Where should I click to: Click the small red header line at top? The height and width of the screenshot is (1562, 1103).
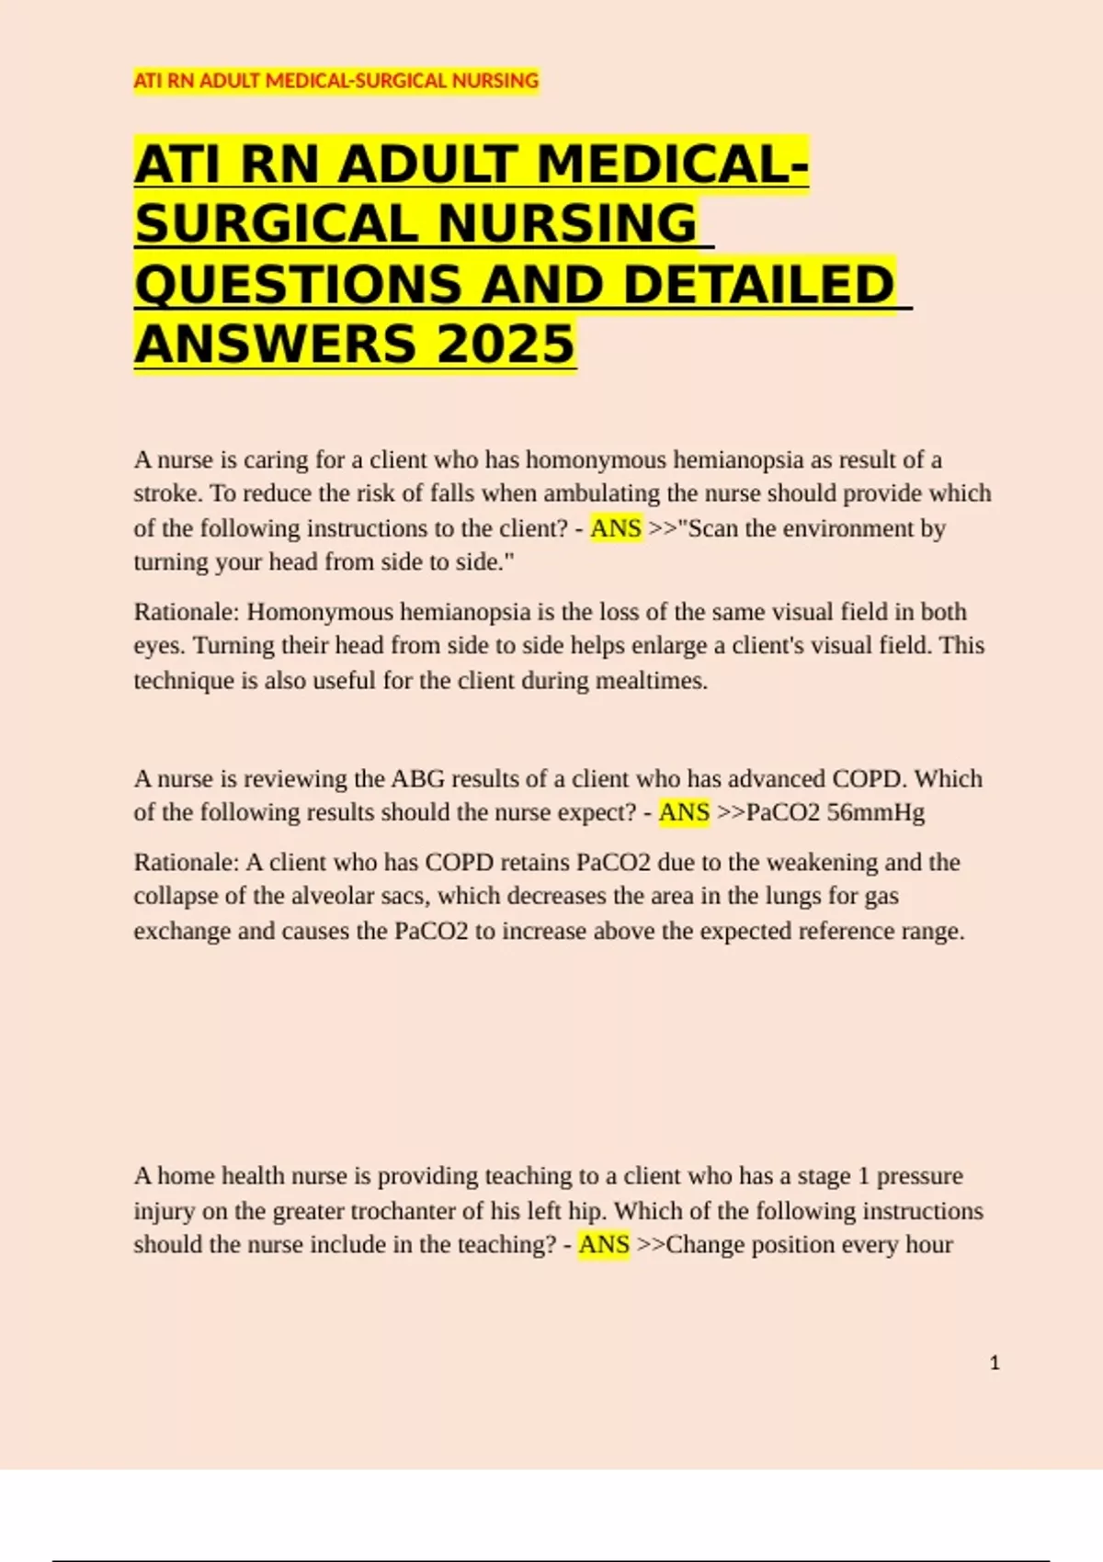(335, 81)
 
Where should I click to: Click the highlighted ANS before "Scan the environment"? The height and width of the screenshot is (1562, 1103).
(615, 528)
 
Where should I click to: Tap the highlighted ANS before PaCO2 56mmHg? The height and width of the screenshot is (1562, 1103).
(684, 812)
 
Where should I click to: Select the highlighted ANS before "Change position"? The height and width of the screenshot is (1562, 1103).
(604, 1244)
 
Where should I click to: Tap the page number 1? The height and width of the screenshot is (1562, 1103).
(995, 1363)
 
